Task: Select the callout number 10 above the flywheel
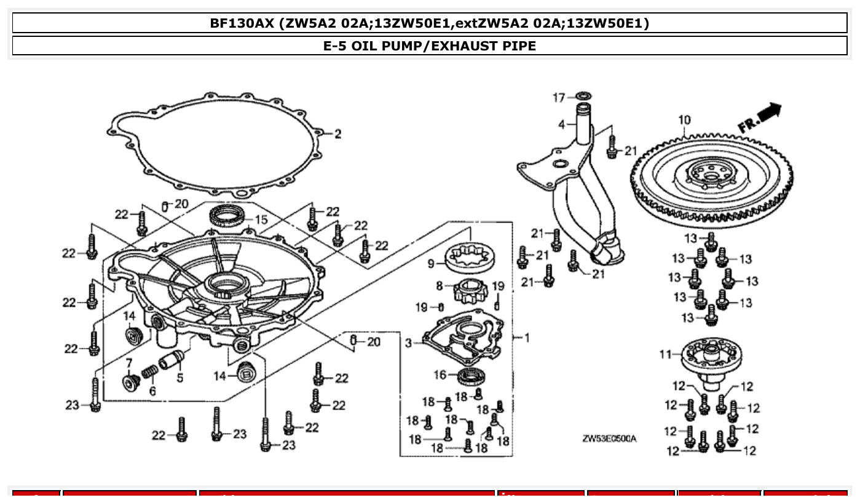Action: [x=684, y=120]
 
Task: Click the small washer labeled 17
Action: [x=582, y=97]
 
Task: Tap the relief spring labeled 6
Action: [x=149, y=373]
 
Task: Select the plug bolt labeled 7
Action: [x=130, y=382]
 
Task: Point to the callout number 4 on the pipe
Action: [x=561, y=124]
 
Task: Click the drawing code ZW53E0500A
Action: [x=609, y=438]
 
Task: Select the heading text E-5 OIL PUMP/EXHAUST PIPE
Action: [x=429, y=46]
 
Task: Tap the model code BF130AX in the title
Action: [x=241, y=23]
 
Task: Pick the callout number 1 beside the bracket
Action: [x=527, y=337]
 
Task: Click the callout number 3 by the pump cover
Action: [x=409, y=343]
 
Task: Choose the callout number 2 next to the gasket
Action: [x=337, y=135]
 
